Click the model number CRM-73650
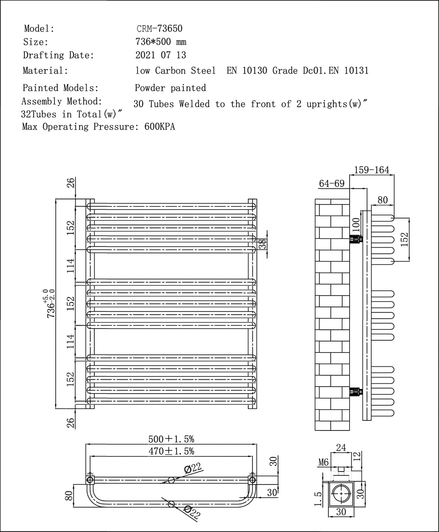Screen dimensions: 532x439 coord(159,28)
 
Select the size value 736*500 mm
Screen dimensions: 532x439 coord(161,42)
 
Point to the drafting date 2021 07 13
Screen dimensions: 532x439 coord(161,55)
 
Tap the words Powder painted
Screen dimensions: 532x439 coord(170,88)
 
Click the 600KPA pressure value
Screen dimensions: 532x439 coord(160,127)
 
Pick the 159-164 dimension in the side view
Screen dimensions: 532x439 coord(372,170)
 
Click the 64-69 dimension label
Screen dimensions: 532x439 coord(331,184)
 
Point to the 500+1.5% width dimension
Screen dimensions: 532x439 coord(171,439)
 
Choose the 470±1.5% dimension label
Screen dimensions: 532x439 coord(171,451)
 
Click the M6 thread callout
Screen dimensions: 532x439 coord(324,462)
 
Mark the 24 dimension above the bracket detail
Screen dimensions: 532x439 coord(341,448)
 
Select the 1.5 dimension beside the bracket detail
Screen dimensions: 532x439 coord(319,499)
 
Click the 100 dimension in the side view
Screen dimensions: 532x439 coord(356,224)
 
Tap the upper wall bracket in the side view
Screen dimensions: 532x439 coord(356,239)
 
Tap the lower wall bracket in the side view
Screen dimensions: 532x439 coord(356,392)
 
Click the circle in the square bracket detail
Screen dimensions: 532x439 coord(341,494)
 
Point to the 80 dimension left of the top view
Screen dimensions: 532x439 coord(69,496)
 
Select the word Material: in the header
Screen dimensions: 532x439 coord(46,71)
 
